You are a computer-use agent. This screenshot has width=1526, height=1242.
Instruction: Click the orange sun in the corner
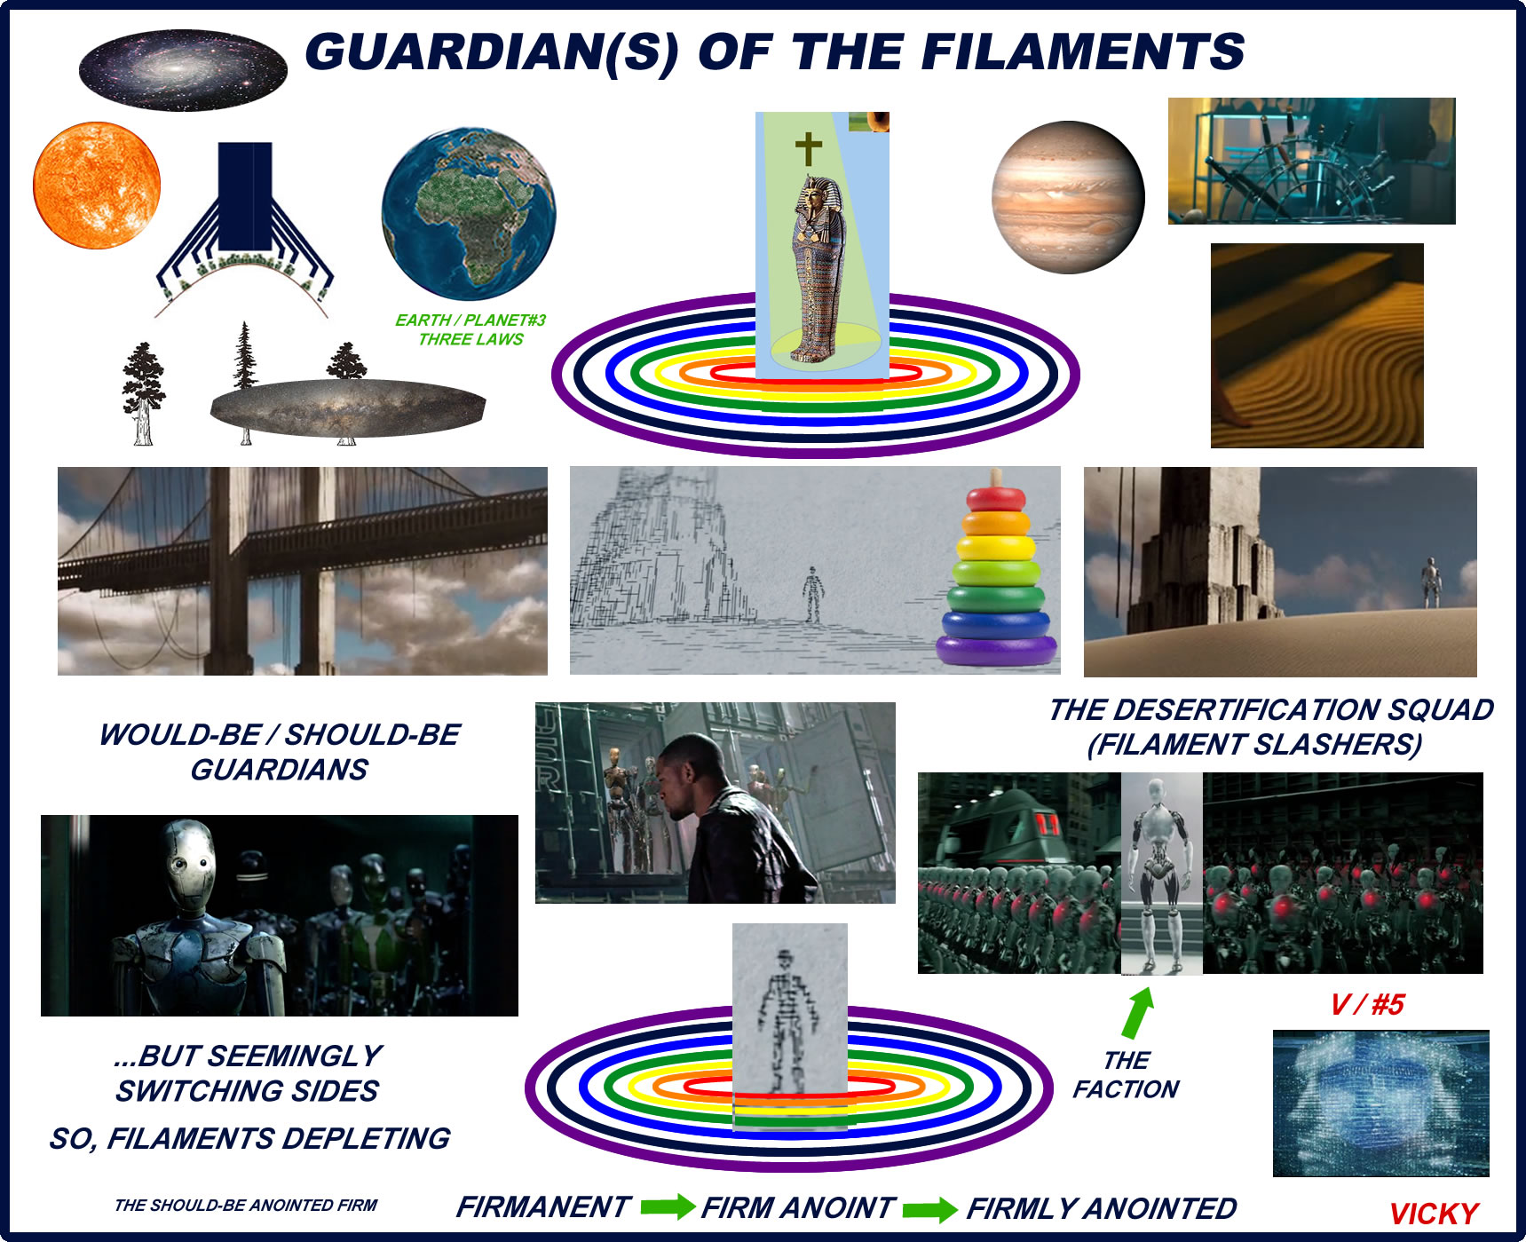point(97,186)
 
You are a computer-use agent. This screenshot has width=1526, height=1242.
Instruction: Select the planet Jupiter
point(1068,197)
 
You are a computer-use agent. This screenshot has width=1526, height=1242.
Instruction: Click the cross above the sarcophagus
point(808,149)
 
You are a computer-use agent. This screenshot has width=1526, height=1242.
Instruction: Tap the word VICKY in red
point(1434,1214)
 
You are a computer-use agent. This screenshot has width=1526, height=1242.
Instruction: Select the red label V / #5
point(1367,1004)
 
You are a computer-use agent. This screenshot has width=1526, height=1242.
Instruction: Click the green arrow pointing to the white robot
point(1137,1013)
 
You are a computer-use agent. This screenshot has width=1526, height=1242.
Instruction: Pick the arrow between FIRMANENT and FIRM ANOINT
point(668,1206)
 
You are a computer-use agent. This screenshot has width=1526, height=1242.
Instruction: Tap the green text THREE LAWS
point(470,339)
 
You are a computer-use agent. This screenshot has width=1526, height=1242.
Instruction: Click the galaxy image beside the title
point(183,69)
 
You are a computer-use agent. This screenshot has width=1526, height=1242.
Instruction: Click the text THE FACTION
point(1126,1075)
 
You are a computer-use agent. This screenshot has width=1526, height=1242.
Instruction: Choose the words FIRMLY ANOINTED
point(1102,1208)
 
